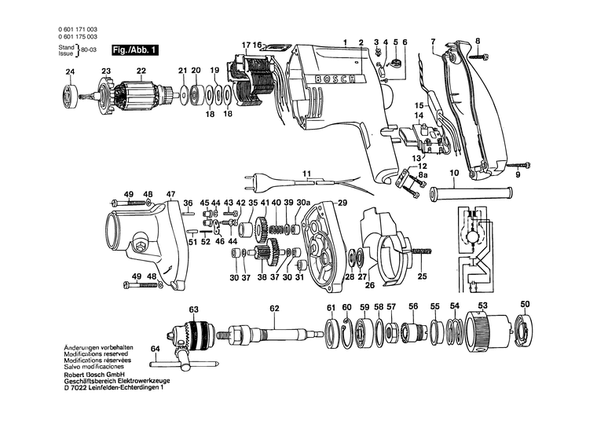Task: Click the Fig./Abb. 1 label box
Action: (x=134, y=49)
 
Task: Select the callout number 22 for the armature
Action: (x=141, y=72)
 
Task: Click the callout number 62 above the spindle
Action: (x=274, y=308)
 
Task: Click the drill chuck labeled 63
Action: (x=193, y=333)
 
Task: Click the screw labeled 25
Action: (x=420, y=251)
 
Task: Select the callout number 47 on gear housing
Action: (x=170, y=194)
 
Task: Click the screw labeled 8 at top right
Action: (x=480, y=56)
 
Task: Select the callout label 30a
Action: (x=303, y=203)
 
